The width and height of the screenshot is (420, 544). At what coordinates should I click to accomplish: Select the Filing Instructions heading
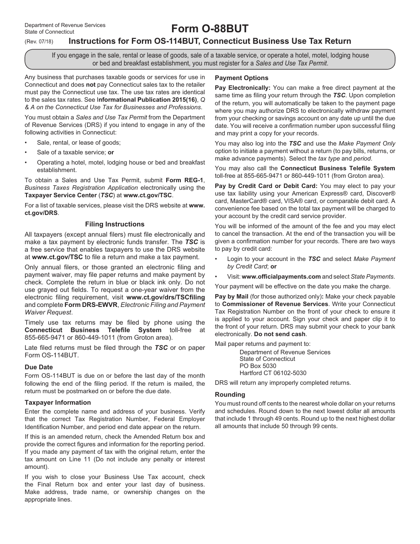115,224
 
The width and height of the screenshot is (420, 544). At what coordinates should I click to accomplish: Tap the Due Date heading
38,367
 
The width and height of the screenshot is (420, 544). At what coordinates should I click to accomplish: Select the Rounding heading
230,395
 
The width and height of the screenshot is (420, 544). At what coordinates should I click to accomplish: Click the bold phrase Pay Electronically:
242,88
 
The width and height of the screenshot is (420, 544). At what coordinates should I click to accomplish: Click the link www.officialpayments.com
281,277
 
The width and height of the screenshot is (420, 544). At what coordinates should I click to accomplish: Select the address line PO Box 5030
258,366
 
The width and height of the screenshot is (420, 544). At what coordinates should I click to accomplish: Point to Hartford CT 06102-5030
273,373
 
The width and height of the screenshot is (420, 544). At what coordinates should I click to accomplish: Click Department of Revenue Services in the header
65,25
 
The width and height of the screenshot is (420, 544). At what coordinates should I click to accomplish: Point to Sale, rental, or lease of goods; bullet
79,142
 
